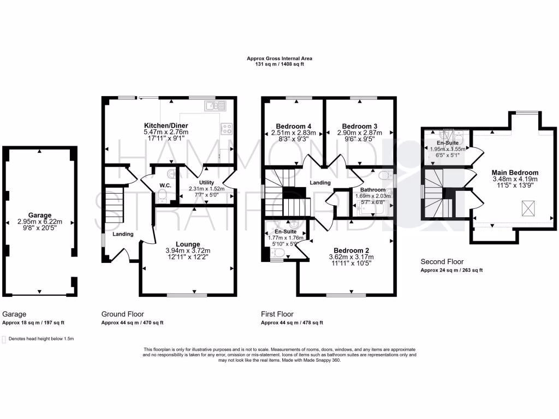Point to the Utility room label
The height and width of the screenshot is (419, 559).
tap(206, 183)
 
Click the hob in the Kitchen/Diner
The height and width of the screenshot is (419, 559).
tap(227, 129)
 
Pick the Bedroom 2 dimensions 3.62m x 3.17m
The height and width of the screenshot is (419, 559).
tap(351, 257)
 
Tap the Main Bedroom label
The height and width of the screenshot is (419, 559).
tap(507, 172)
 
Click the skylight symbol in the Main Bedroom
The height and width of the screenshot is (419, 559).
tap(528, 207)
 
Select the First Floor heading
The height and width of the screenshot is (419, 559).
tap(277, 314)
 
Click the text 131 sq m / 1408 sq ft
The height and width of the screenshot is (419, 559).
tap(279, 64)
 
